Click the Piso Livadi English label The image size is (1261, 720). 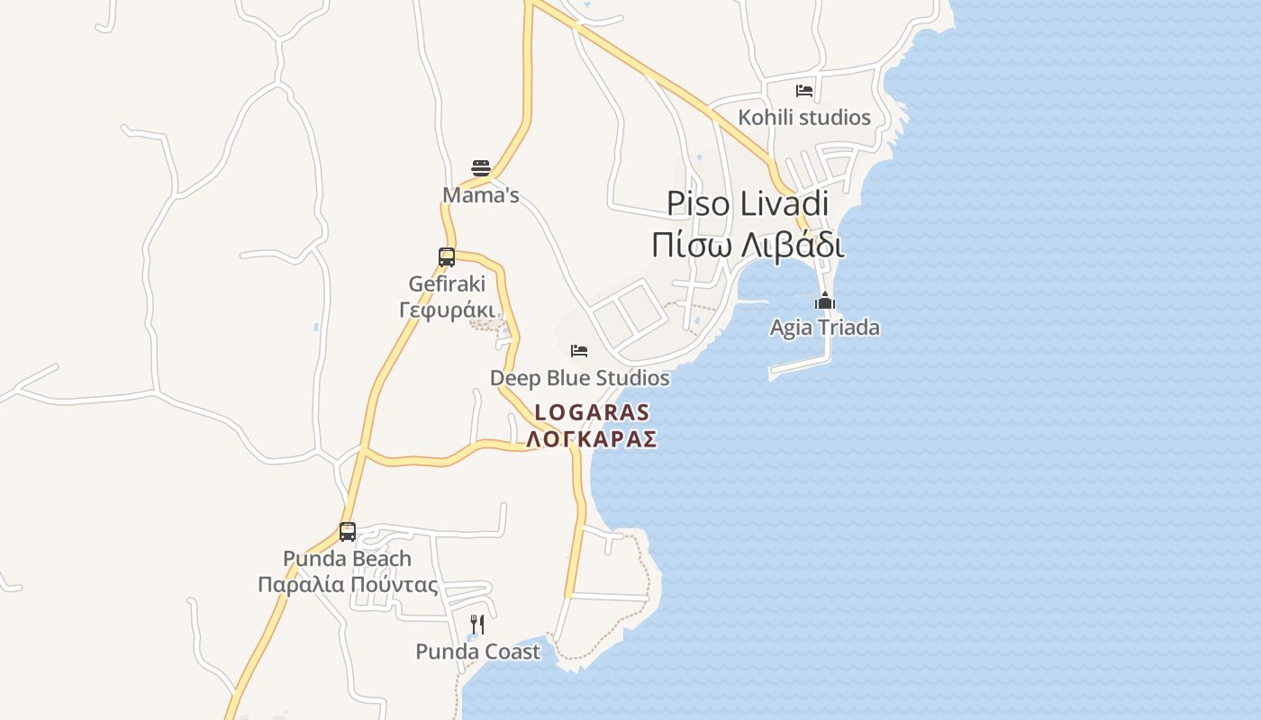[x=748, y=204]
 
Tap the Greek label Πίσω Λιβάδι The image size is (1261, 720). [x=748, y=245]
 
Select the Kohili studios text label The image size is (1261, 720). [x=804, y=118]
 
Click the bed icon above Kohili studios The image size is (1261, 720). [x=804, y=91]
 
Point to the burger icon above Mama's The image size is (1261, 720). [x=481, y=168]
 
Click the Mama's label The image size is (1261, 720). [x=481, y=195]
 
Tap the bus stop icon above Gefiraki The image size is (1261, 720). [x=447, y=256]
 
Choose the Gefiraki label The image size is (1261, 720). [x=447, y=284]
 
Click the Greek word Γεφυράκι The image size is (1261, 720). [x=447, y=310]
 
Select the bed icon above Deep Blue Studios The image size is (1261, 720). [x=579, y=350]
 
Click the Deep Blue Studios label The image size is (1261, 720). [x=579, y=378]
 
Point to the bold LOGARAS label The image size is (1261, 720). [x=592, y=413]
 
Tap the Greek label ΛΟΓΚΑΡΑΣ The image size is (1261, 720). [x=592, y=439]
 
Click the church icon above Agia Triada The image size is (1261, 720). [x=825, y=301]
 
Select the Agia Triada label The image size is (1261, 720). [x=825, y=328]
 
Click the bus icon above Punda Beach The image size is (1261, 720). [x=348, y=531]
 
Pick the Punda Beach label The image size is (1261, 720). [x=348, y=559]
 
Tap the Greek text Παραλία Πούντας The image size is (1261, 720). [x=348, y=585]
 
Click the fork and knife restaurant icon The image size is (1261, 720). [x=477, y=624]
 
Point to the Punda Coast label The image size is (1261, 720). [x=477, y=652]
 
